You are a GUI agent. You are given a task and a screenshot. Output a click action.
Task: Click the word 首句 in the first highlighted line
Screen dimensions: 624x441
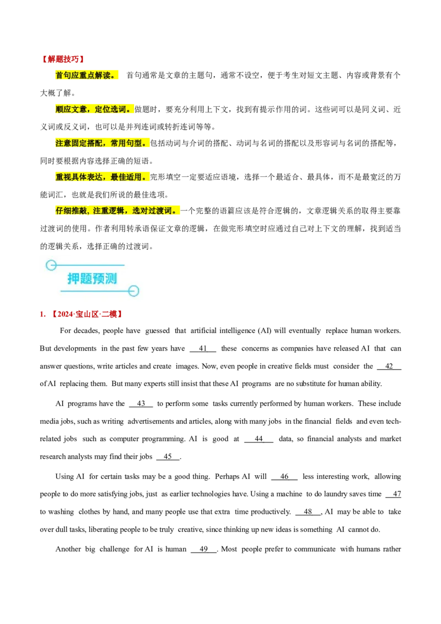(63, 75)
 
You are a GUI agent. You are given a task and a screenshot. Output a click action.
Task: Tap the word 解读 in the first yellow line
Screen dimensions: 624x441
(103, 75)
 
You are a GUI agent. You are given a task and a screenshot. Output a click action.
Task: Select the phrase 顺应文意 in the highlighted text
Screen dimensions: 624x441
(71, 109)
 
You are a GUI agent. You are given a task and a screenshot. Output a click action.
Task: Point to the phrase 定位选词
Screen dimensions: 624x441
(110, 109)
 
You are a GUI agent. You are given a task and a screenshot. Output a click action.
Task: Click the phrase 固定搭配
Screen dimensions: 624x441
(87, 143)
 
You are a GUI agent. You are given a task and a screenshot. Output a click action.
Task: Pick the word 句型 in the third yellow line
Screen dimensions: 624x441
(134, 143)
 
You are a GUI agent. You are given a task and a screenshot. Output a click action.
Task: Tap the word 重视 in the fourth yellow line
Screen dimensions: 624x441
(63, 177)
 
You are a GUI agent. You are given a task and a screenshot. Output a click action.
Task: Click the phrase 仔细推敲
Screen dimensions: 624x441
(71, 211)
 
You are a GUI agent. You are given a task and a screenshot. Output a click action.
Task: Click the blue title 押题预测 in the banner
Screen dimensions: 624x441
(92, 278)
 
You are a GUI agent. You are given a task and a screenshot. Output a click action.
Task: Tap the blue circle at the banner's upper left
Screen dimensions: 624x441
(51, 265)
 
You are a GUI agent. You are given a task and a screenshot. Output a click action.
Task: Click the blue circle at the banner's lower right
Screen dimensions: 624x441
(133, 291)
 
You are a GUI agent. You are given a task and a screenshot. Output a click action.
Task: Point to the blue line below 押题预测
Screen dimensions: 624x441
(94, 291)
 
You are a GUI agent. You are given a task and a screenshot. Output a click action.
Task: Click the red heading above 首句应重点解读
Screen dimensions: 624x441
(62, 58)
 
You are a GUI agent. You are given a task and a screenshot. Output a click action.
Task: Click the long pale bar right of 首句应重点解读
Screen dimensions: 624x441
(281, 82)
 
